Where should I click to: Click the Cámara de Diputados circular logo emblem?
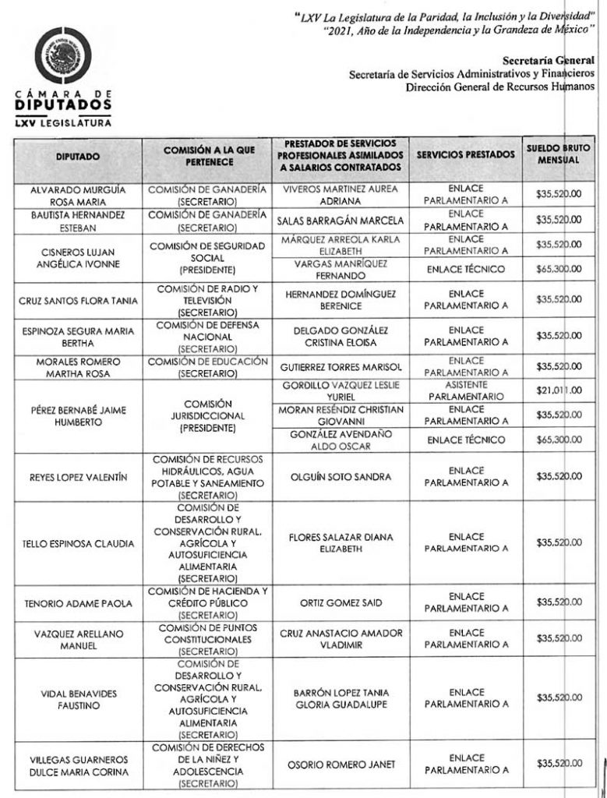[64, 57]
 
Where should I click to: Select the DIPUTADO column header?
[77, 157]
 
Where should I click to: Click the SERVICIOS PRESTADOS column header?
[466, 154]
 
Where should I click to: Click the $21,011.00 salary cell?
[559, 390]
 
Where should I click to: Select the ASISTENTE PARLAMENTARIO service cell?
[466, 390]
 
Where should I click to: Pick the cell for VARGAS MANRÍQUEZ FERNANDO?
[341, 269]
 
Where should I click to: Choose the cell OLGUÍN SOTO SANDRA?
[341, 476]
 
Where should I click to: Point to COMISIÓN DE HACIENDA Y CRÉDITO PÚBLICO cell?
[209, 602]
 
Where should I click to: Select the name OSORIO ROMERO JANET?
[341, 765]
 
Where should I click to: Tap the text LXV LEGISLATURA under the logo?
[62, 122]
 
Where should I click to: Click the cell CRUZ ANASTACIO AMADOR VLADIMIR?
[341, 639]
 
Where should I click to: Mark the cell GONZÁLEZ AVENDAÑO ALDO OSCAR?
[341, 439]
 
